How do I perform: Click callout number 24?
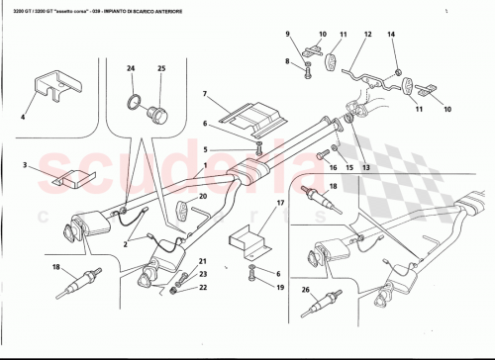130,68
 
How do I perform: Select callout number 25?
161,68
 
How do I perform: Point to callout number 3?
27,166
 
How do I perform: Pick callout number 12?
368,36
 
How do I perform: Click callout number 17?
281,204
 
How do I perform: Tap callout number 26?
306,289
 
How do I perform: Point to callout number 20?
204,197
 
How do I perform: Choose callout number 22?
203,288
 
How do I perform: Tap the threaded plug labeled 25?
155,110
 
